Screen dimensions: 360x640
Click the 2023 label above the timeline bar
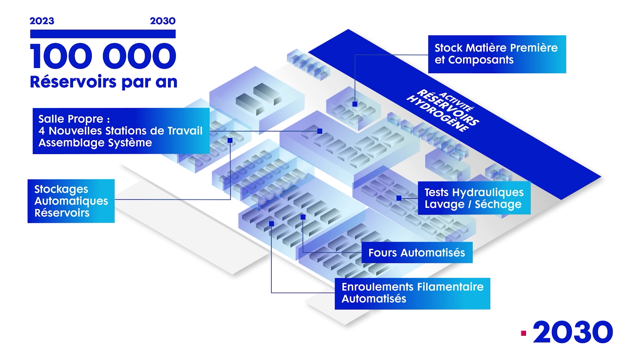(x=42, y=21)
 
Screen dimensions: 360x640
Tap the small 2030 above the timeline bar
(x=163, y=21)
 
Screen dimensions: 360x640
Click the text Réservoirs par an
(x=103, y=82)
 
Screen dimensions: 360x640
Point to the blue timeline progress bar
(x=103, y=34)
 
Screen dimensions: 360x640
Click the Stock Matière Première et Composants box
(x=497, y=54)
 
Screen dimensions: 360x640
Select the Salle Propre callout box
(x=121, y=131)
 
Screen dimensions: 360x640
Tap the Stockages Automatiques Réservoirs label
(x=71, y=201)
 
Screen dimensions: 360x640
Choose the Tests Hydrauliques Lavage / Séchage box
(x=474, y=198)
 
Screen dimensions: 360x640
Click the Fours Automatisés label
(x=417, y=253)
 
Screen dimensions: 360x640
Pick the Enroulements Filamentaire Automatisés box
(x=412, y=293)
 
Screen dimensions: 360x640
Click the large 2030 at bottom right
(x=573, y=333)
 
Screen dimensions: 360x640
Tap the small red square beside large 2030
(x=524, y=333)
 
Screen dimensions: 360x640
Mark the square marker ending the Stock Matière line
(x=355, y=104)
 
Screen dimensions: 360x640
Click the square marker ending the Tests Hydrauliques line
(x=399, y=198)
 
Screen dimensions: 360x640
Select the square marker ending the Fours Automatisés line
(x=303, y=217)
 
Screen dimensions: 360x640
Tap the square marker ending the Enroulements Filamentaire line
(x=271, y=224)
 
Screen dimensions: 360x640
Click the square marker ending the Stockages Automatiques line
(x=230, y=140)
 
